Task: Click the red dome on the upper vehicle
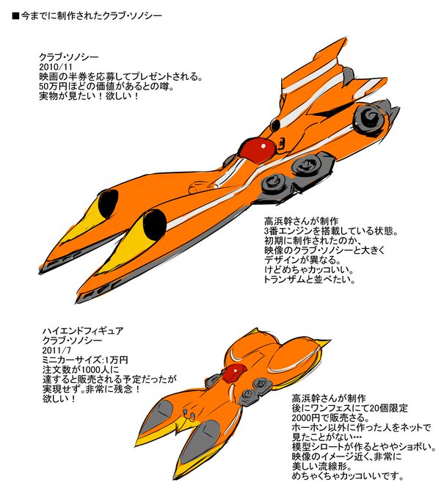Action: click(255, 149)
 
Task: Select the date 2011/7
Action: click(57, 350)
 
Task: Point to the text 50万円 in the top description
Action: click(56, 85)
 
